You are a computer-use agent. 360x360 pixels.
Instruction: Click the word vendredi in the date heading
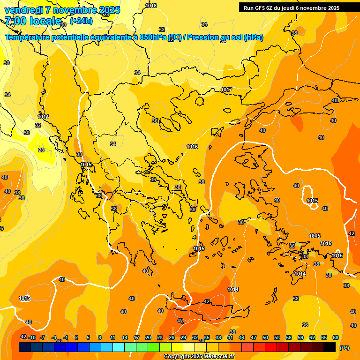click(23, 10)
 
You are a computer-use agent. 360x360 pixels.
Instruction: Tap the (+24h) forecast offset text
click(81, 21)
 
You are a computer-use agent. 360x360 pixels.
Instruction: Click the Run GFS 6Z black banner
click(292, 8)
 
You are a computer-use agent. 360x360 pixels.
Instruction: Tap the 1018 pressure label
click(151, 6)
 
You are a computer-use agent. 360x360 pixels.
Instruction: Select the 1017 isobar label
click(226, 90)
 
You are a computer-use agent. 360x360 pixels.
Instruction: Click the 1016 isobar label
click(192, 147)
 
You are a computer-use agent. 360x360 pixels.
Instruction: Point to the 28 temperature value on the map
click(41, 150)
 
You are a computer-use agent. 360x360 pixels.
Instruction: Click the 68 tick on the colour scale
click(336, 337)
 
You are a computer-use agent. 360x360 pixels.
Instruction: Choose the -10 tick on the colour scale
click(32, 337)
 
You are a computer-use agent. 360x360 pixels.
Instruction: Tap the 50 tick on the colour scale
click(265, 337)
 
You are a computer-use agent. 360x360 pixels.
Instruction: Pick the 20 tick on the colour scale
click(148, 337)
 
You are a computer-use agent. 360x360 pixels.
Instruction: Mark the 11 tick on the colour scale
click(113, 337)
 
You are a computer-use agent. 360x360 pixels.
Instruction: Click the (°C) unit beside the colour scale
click(344, 347)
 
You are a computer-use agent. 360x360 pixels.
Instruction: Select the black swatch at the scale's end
click(330, 347)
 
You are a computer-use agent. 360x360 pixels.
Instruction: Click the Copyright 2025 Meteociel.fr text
click(199, 356)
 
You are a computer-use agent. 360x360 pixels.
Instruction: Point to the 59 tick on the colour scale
click(300, 337)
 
